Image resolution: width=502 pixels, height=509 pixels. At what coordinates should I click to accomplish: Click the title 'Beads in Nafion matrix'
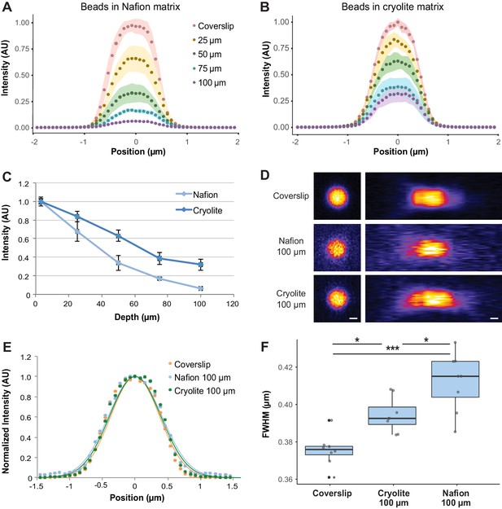130,7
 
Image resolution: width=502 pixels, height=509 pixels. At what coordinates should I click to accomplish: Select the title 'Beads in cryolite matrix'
392,7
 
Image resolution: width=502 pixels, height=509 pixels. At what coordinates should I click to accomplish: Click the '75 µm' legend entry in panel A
207,68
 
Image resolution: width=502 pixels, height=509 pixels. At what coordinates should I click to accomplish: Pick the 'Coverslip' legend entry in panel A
213,26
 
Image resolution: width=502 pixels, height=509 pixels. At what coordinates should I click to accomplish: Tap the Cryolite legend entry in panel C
199,210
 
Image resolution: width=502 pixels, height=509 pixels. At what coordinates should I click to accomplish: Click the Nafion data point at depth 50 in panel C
118,262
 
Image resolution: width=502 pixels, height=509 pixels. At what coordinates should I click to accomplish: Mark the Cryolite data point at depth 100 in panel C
201,265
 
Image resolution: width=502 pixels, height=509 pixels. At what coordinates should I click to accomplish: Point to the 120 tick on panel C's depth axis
232,304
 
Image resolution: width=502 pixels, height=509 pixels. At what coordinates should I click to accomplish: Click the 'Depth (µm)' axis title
137,317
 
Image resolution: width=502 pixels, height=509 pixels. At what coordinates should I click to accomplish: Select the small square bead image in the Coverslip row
337,196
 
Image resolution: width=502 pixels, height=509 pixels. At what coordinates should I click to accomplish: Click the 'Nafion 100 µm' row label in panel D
291,247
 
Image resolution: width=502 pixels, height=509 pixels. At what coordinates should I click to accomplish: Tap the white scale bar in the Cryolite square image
353,318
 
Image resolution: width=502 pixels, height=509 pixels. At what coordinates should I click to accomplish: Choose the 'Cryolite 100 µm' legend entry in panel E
202,391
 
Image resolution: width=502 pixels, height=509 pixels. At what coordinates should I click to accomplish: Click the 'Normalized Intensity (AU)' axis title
6,416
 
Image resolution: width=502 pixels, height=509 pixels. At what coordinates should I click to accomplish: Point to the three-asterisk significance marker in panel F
392,349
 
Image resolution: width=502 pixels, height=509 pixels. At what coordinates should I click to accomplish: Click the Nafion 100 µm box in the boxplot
455,380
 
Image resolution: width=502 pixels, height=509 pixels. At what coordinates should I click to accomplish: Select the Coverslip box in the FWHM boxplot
329,450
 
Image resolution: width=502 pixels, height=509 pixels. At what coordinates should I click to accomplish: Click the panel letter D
264,175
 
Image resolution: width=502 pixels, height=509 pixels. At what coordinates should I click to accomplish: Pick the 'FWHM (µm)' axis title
266,415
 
